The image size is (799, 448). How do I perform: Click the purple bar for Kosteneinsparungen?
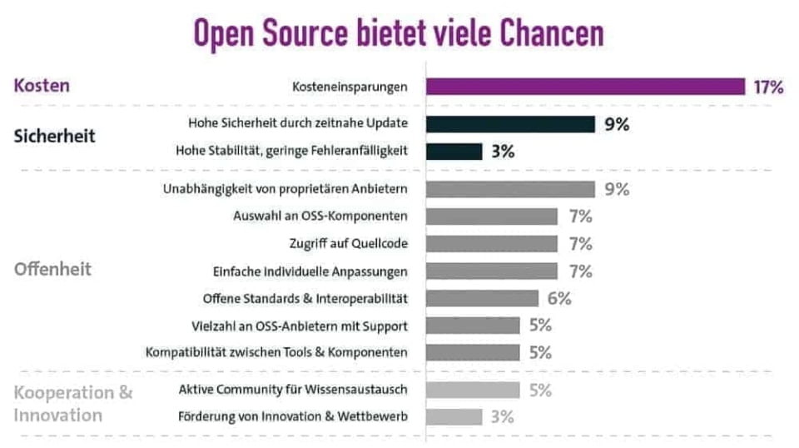coord(585,87)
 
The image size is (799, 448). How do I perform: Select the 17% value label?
coord(768,87)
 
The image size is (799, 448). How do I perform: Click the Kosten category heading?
coord(42,86)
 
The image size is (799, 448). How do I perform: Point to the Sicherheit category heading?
coord(55,137)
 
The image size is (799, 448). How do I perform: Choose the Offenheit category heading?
coord(52,270)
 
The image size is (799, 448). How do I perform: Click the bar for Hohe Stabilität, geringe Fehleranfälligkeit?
coord(454,152)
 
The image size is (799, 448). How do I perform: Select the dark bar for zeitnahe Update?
coord(510,124)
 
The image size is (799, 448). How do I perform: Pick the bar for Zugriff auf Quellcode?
coord(492,243)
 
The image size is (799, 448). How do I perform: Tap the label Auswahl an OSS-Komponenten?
coord(320,217)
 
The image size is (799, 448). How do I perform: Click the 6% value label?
coord(559,298)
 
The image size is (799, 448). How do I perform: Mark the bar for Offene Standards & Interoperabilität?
coord(483,298)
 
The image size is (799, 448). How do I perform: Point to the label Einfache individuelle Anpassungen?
coord(310,271)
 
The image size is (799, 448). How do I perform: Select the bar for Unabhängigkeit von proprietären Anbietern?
coord(510,189)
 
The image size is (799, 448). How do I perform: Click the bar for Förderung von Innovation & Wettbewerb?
coord(454,416)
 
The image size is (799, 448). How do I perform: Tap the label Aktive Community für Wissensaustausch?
coord(293,389)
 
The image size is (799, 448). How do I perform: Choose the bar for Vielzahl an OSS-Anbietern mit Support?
coord(474,326)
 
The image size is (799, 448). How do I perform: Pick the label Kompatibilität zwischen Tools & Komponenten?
coord(276,352)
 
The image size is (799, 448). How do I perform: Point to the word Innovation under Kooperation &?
coord(58,415)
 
